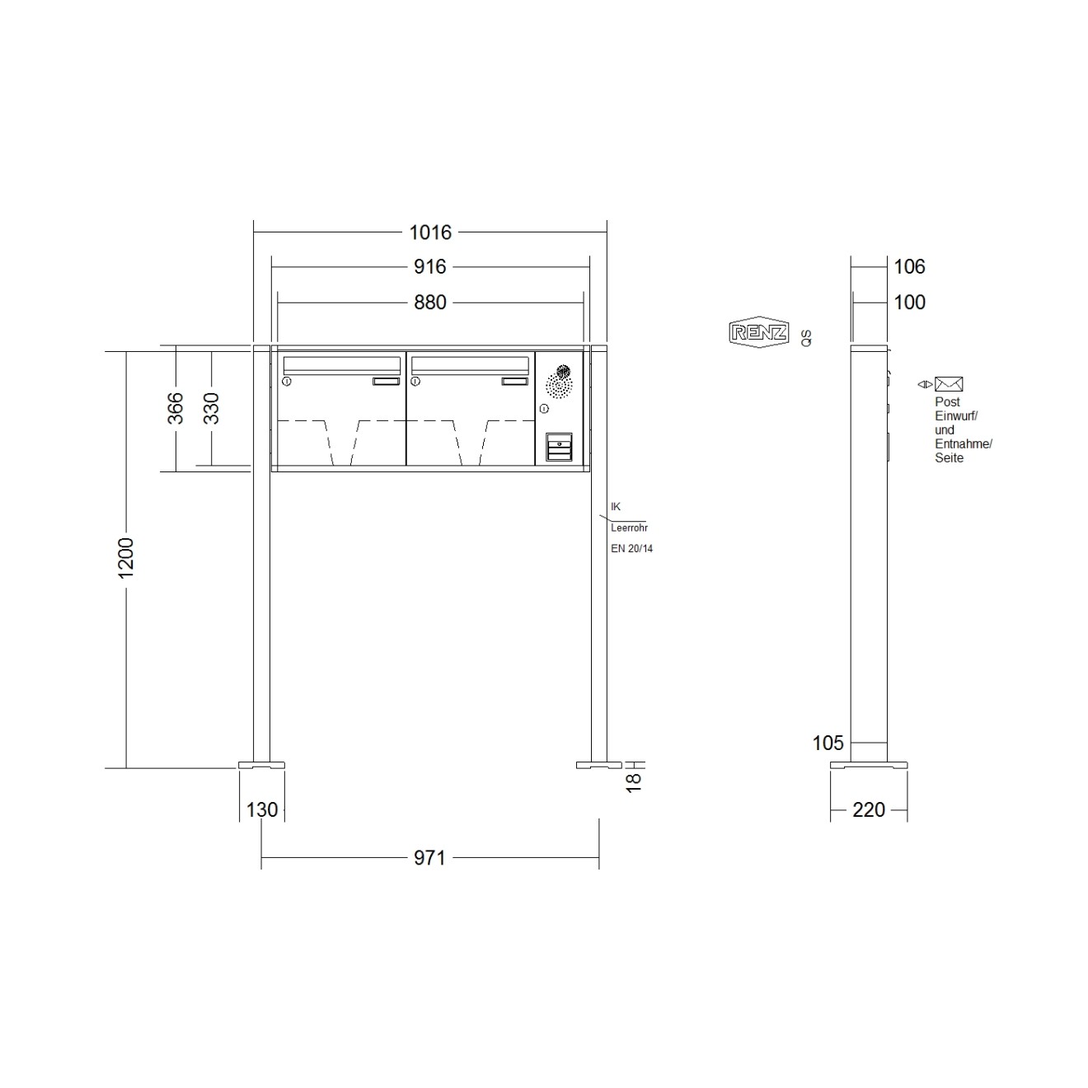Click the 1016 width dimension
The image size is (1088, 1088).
pos(430,232)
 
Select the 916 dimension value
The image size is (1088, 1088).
pos(430,267)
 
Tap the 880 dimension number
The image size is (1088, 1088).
pos(430,302)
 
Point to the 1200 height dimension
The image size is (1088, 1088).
pos(126,557)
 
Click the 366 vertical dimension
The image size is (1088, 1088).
pos(176,408)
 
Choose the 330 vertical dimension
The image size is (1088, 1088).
pos(211,408)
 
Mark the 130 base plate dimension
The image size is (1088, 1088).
pos(262,809)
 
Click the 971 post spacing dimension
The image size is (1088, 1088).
pos(430,858)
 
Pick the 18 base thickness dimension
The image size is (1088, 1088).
pos(634,781)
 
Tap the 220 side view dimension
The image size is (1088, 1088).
pos(869,809)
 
